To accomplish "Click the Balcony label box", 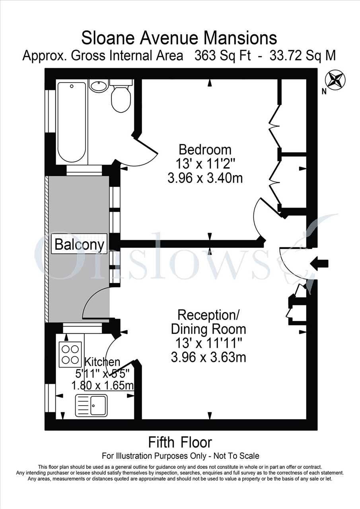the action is coord(79,244).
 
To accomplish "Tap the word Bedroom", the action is coord(205,150).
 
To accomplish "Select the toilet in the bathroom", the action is coord(121,96).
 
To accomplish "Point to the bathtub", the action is coord(72,122).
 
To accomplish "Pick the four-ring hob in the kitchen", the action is coord(70,355).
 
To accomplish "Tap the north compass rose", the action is coord(335,80).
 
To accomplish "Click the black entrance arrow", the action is coord(319,264).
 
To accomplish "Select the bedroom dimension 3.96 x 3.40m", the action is coord(205,178).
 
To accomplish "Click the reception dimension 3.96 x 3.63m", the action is coord(208,357).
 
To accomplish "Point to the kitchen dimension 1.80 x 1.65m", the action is coord(102,385).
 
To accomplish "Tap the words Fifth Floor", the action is coord(180,443).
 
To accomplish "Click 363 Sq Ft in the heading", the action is coord(223,56).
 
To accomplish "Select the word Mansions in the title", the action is coord(240,38).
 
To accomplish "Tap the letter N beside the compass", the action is coord(324,92).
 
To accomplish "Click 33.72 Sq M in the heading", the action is coord(302,56).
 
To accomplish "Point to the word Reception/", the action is coord(208,315).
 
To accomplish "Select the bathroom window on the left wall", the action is coord(51,111).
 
